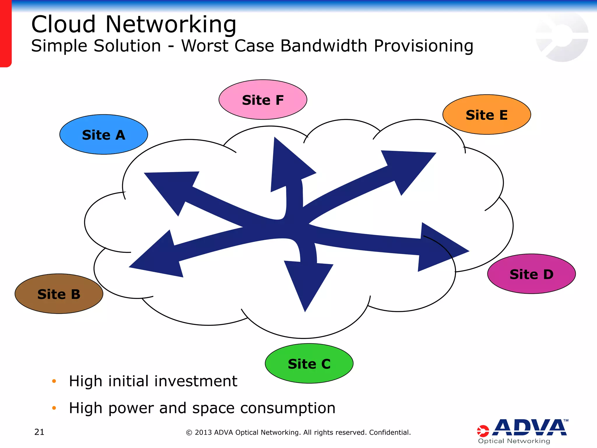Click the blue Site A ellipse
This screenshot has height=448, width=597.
point(103,134)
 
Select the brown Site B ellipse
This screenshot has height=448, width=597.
point(59,294)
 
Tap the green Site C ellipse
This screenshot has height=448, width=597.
point(309,363)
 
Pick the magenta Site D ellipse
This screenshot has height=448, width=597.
point(531,274)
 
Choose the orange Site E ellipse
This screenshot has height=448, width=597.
point(487,115)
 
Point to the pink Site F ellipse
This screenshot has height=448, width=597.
point(263,100)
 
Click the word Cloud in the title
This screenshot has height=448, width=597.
point(63,24)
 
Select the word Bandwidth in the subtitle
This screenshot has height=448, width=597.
point(323,46)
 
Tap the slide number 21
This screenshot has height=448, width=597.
point(39,432)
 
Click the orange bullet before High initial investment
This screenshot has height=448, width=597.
point(54,381)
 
